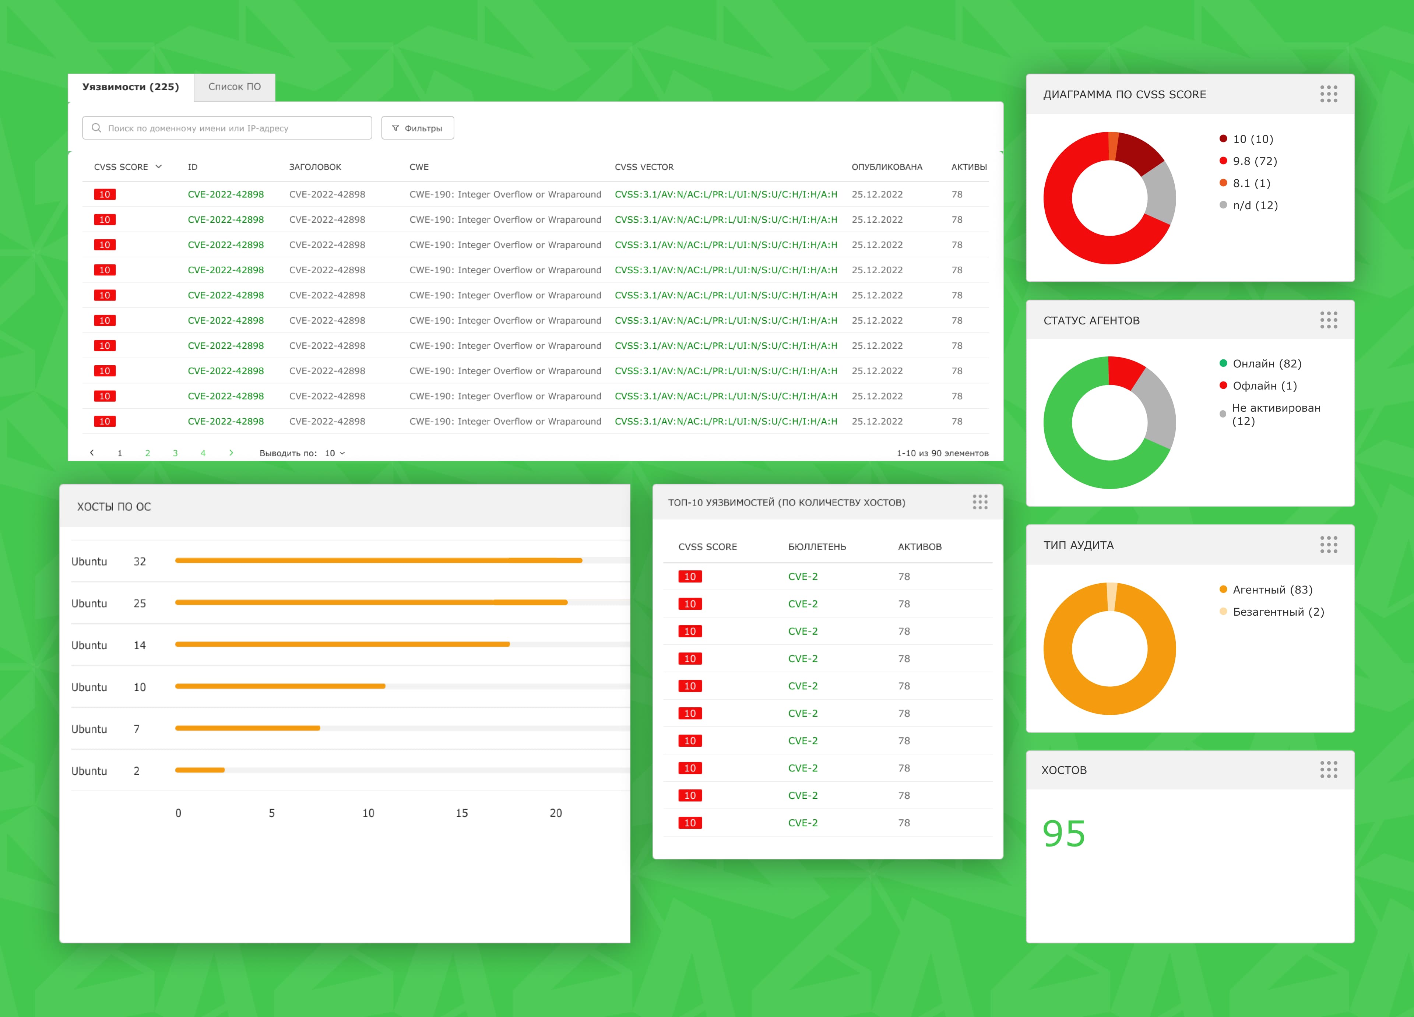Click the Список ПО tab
coord(235,87)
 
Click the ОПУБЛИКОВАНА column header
coord(887,167)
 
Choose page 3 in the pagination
coord(175,453)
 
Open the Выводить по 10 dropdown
coord(334,453)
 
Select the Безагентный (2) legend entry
coord(1277,612)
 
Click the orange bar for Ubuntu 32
coord(379,560)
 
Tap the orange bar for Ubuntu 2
coord(200,770)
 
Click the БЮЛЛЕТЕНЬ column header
coord(817,547)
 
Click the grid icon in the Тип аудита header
coord(1329,545)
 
